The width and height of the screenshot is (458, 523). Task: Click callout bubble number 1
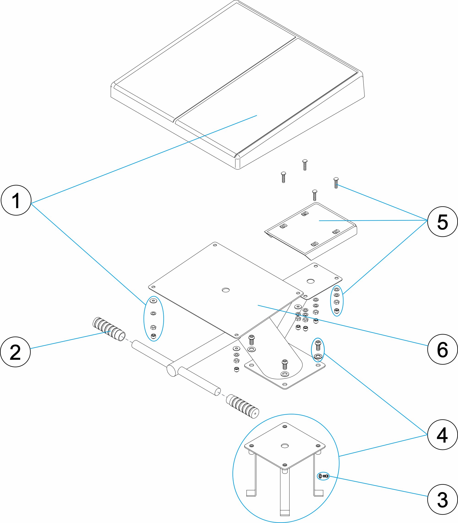click(x=16, y=200)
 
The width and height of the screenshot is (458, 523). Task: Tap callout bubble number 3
click(x=442, y=499)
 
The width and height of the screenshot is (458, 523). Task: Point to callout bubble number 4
click(x=442, y=435)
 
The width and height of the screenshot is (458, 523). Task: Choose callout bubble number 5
click(x=442, y=222)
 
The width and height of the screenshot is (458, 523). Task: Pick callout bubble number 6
click(x=442, y=349)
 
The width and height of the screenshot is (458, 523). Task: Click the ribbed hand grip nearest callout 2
click(x=109, y=329)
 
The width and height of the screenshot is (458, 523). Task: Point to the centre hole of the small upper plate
click(x=311, y=281)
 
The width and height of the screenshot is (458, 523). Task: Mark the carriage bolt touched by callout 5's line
click(x=336, y=183)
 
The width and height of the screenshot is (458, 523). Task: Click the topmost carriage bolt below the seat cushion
click(x=304, y=165)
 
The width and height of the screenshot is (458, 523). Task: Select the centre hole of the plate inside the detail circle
click(x=284, y=446)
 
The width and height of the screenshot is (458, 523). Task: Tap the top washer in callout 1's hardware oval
click(x=153, y=300)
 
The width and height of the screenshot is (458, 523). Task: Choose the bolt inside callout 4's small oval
click(x=318, y=346)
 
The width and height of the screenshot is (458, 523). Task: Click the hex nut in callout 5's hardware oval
click(x=337, y=302)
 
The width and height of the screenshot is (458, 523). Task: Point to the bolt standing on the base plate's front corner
click(x=285, y=364)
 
